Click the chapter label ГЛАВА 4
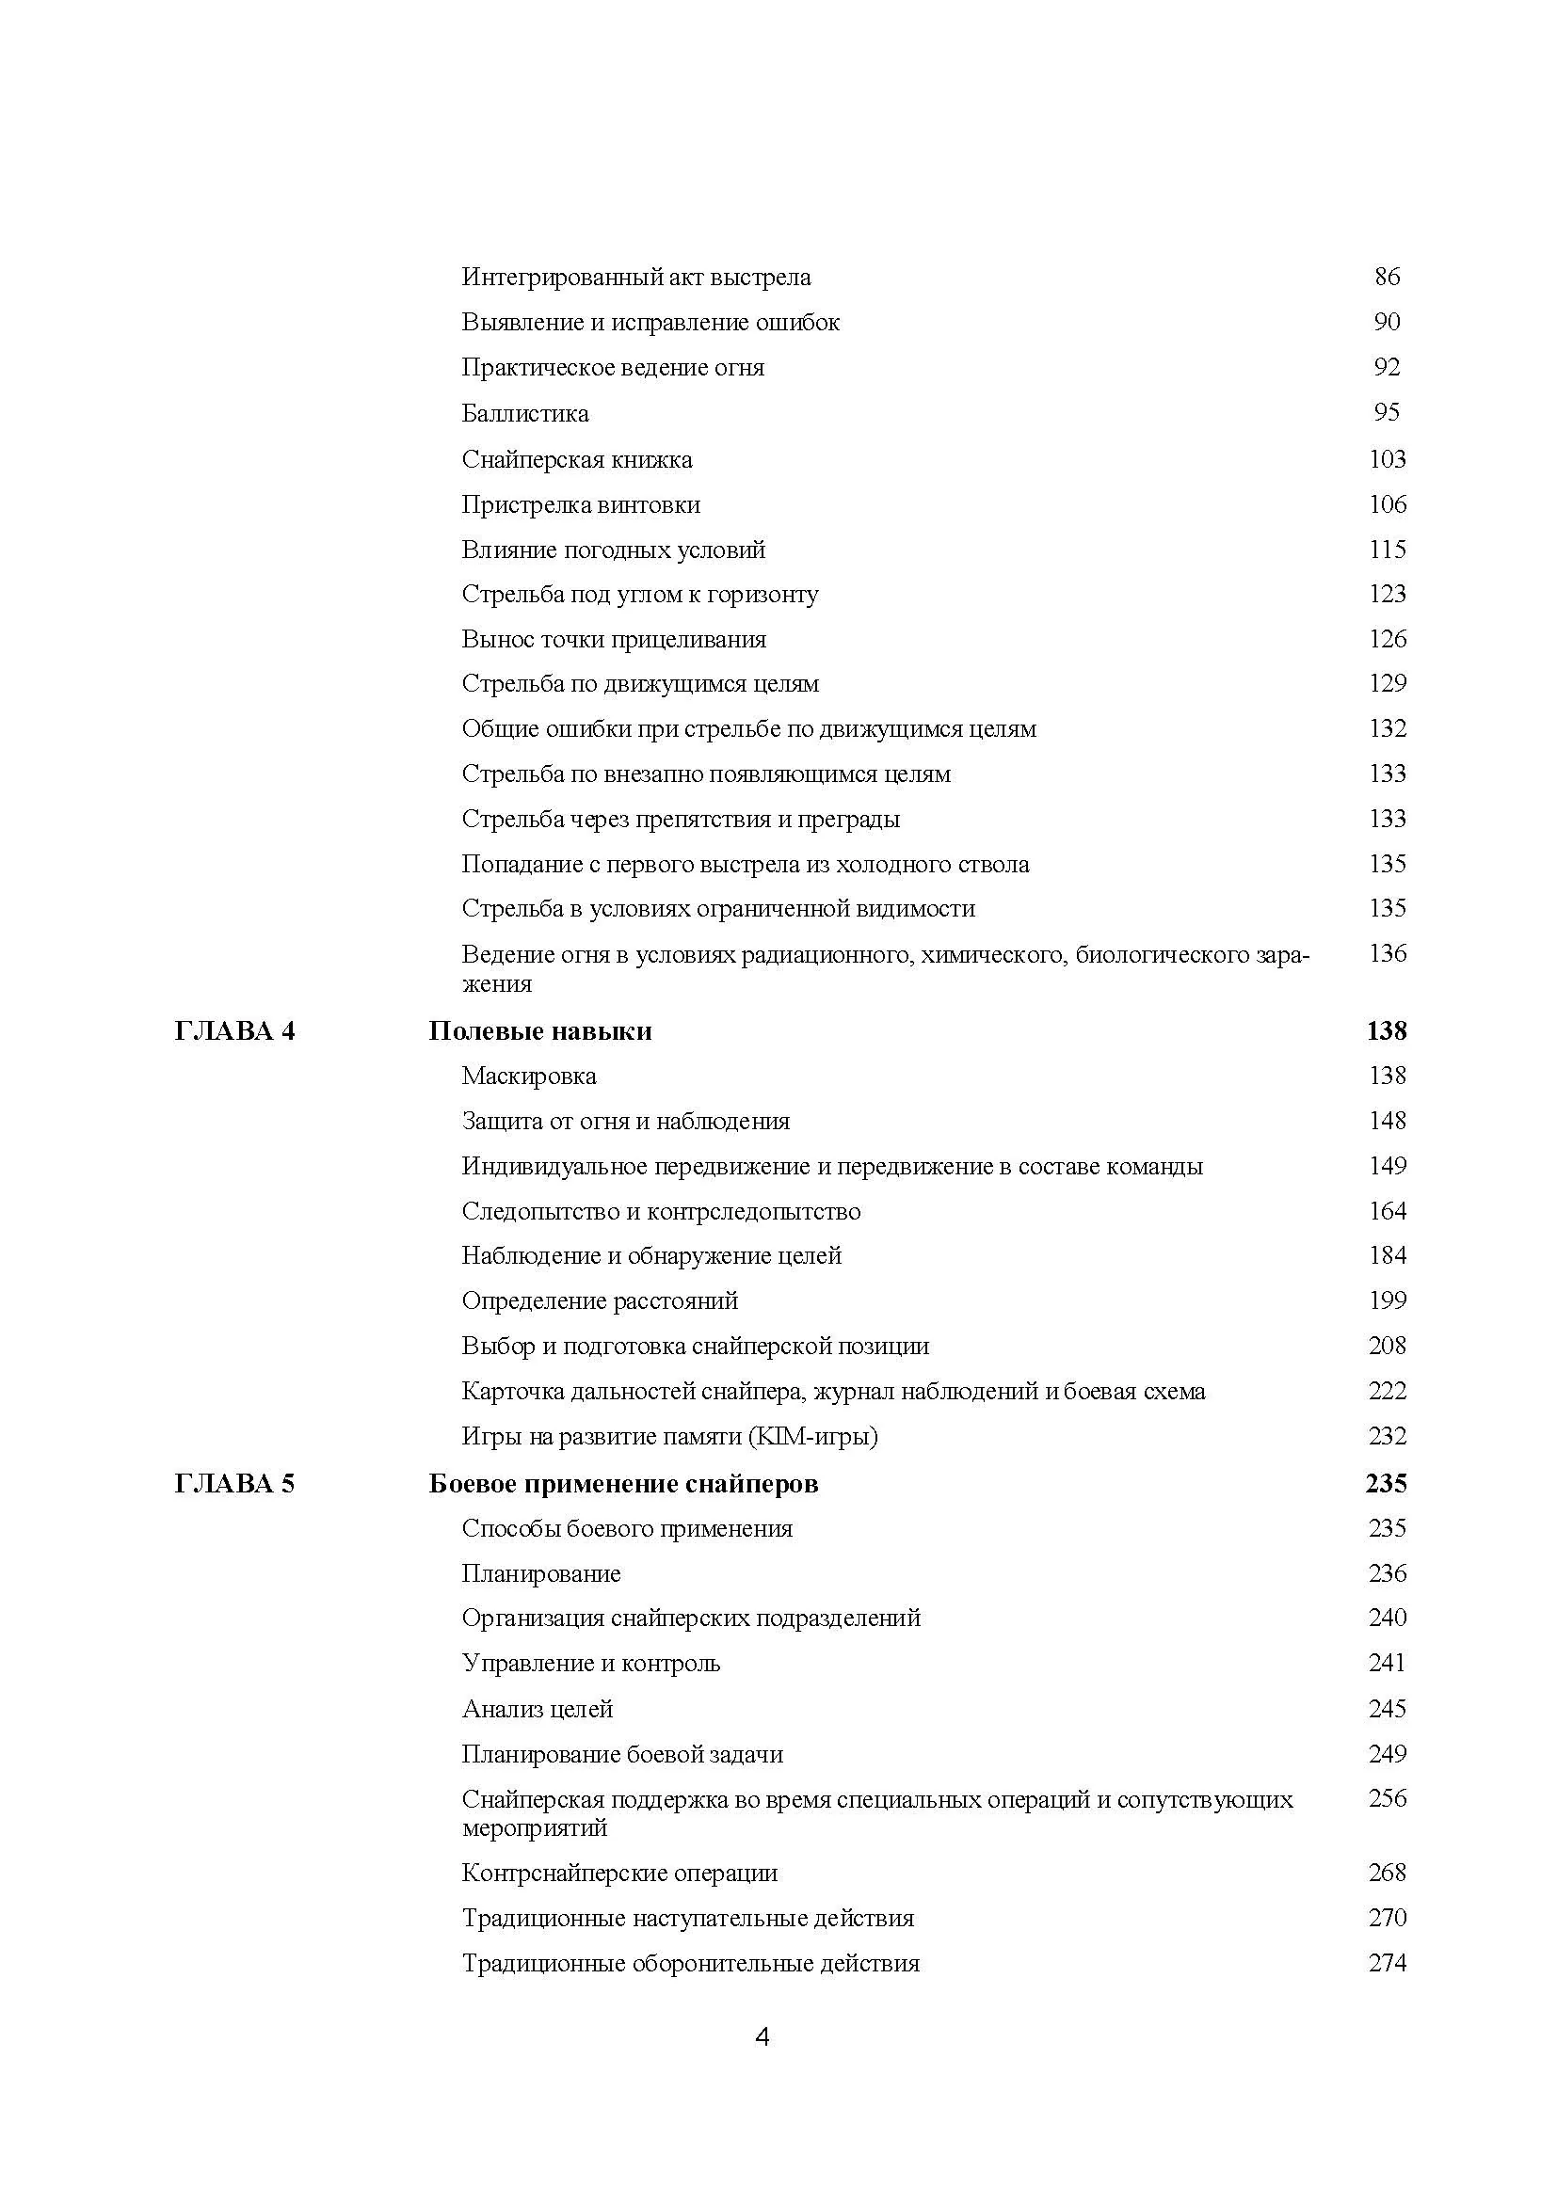coord(235,1031)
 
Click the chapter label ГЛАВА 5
coord(235,1484)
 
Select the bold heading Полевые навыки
coord(539,1031)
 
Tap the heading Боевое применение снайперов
coord(623,1484)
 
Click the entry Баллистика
coord(524,414)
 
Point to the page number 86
coord(1387,277)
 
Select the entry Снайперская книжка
coord(576,460)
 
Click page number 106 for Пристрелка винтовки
coord(1387,504)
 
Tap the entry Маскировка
coord(528,1077)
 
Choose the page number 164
coord(1387,1212)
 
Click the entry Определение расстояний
coord(600,1301)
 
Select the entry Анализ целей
coord(537,1709)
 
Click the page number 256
coord(1387,1798)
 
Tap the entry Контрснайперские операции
coord(619,1874)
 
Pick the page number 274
coord(1387,1963)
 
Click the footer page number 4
coord(762,2037)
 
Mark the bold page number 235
coord(1387,1484)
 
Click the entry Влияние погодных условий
coord(613,550)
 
